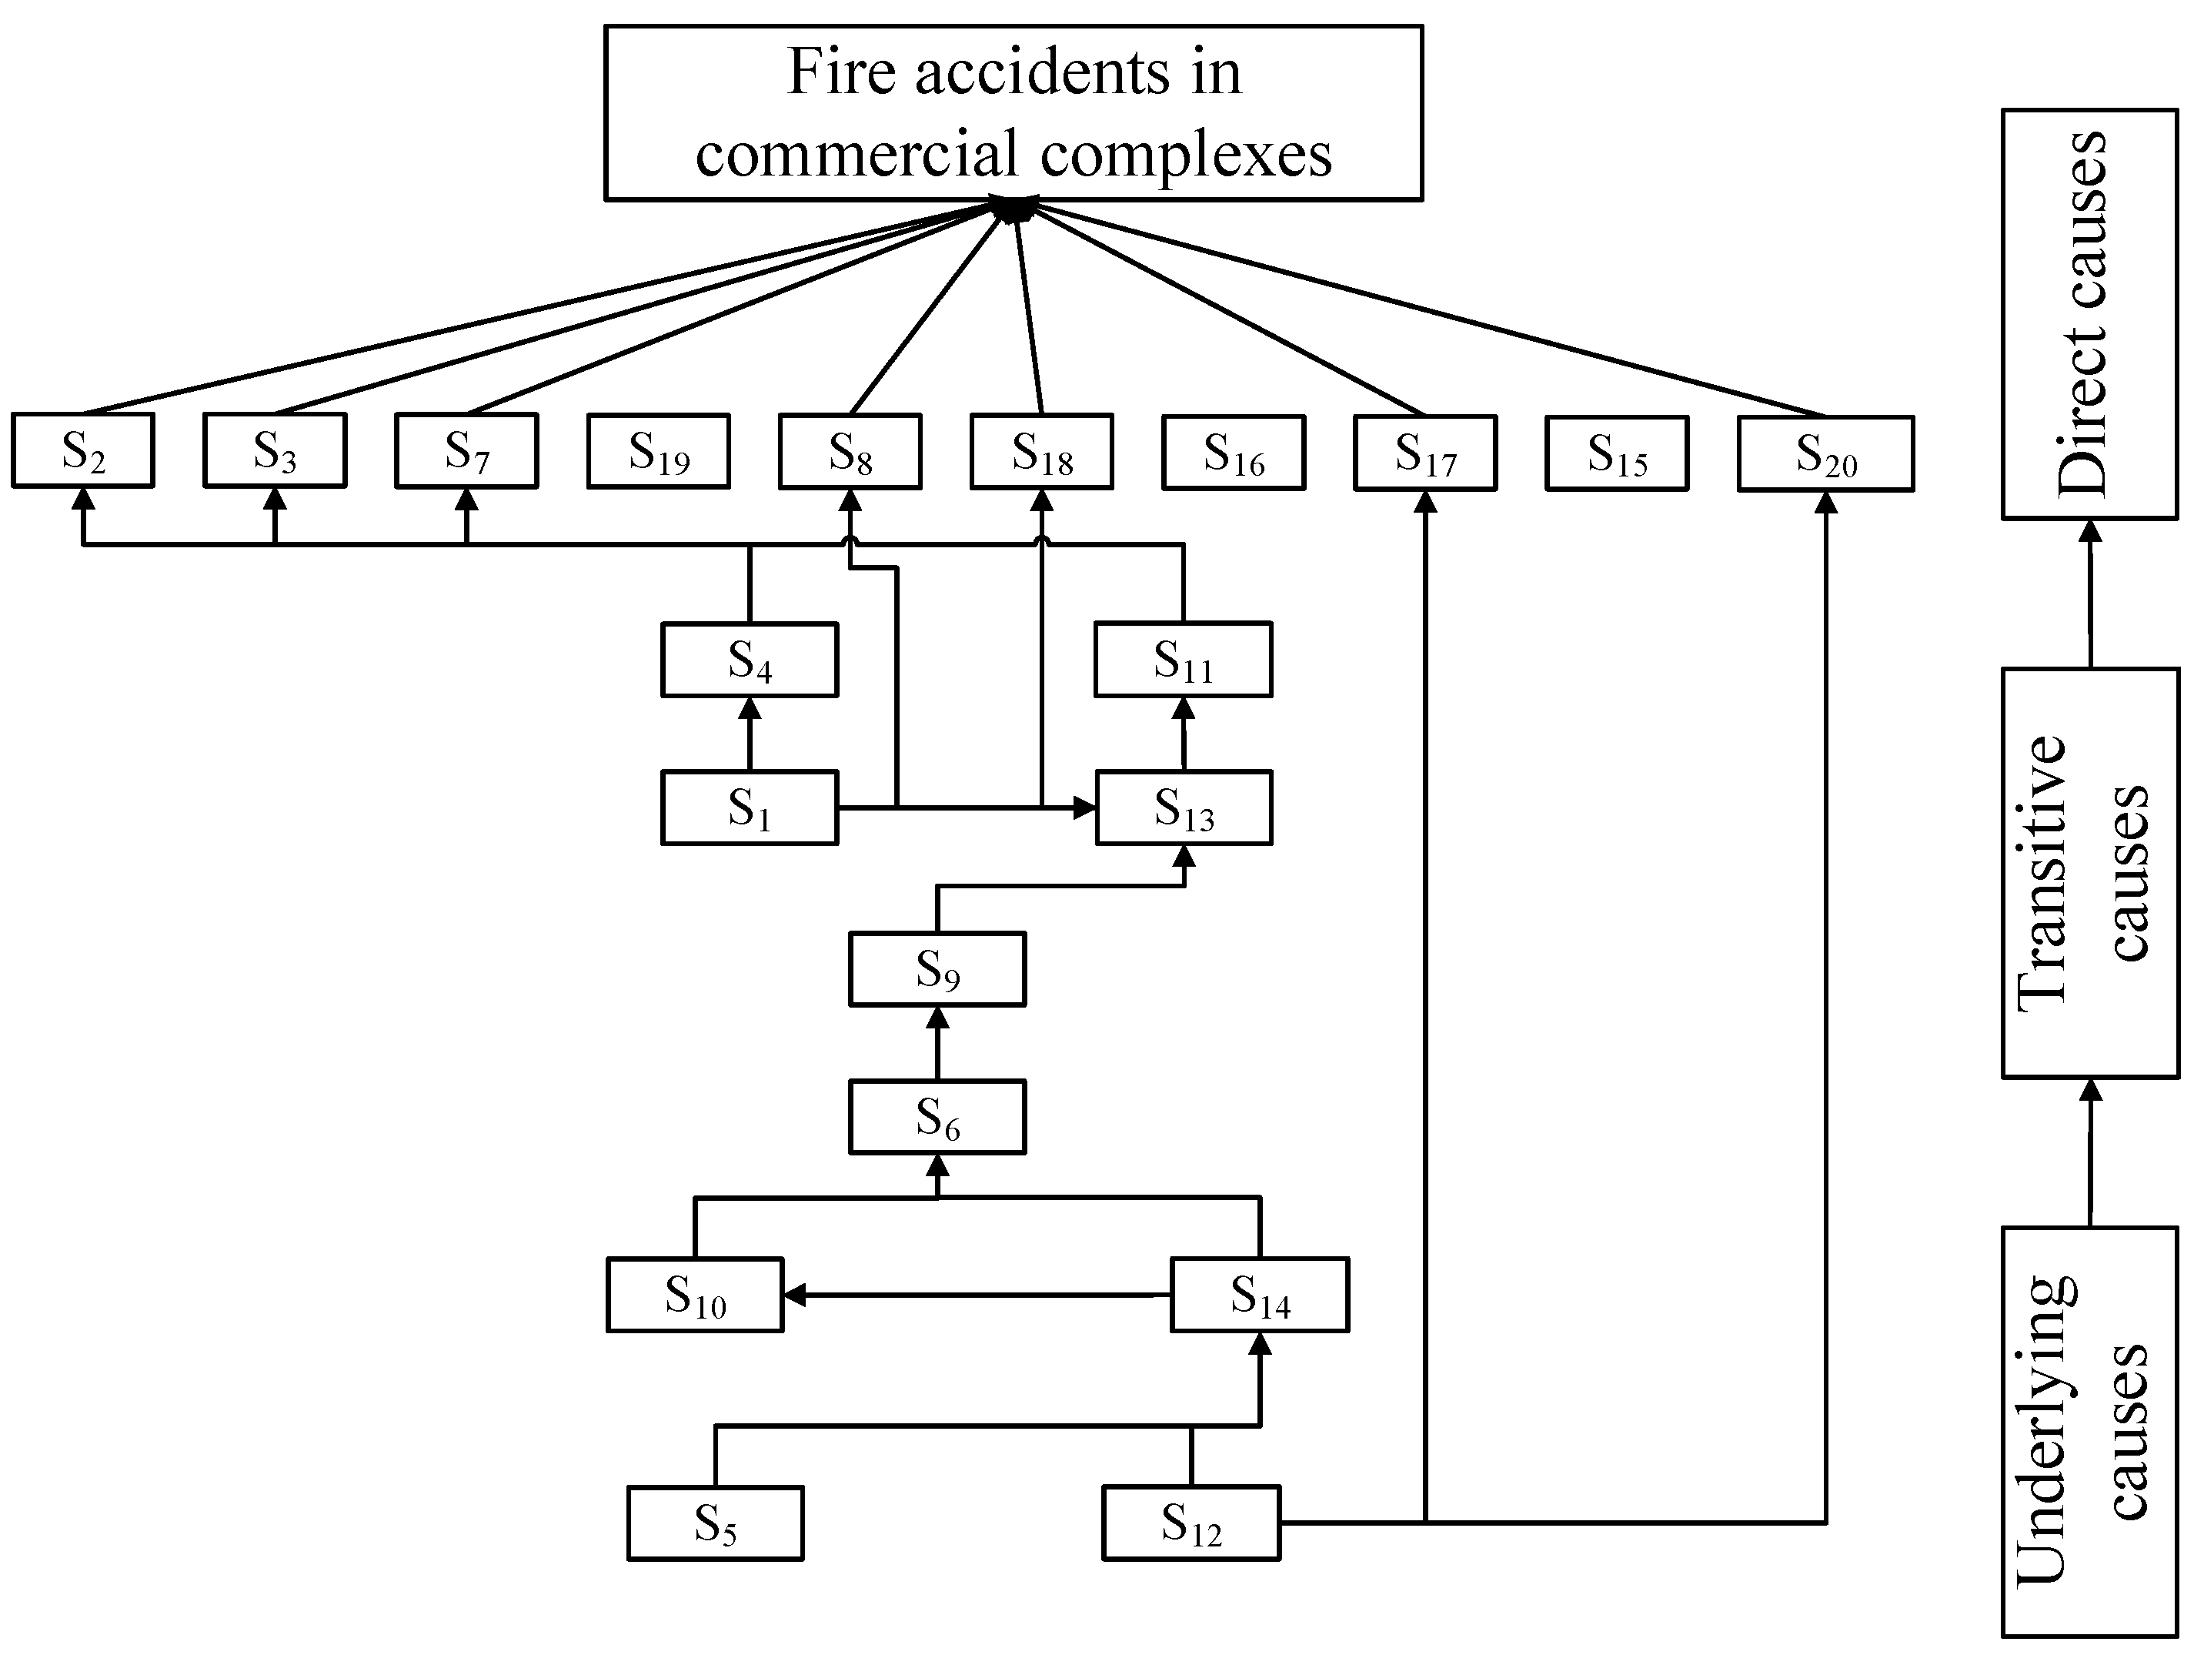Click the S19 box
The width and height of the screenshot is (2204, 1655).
659,451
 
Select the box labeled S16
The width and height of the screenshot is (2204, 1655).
1234,453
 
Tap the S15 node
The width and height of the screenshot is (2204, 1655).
1616,453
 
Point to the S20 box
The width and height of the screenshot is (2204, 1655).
1825,453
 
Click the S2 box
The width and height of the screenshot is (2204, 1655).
82,450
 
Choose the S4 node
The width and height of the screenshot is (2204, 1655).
750,660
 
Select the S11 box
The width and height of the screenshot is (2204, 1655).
1183,660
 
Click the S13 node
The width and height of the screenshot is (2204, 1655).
1184,807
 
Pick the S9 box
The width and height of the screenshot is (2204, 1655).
937,968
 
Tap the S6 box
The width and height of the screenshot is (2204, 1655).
937,1117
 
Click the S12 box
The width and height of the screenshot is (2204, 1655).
1190,1523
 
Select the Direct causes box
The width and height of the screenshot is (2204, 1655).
2089,314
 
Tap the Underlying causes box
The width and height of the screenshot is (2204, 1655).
2089,1432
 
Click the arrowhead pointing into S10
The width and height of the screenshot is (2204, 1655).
795,1296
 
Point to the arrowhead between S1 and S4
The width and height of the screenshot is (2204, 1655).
750,708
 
